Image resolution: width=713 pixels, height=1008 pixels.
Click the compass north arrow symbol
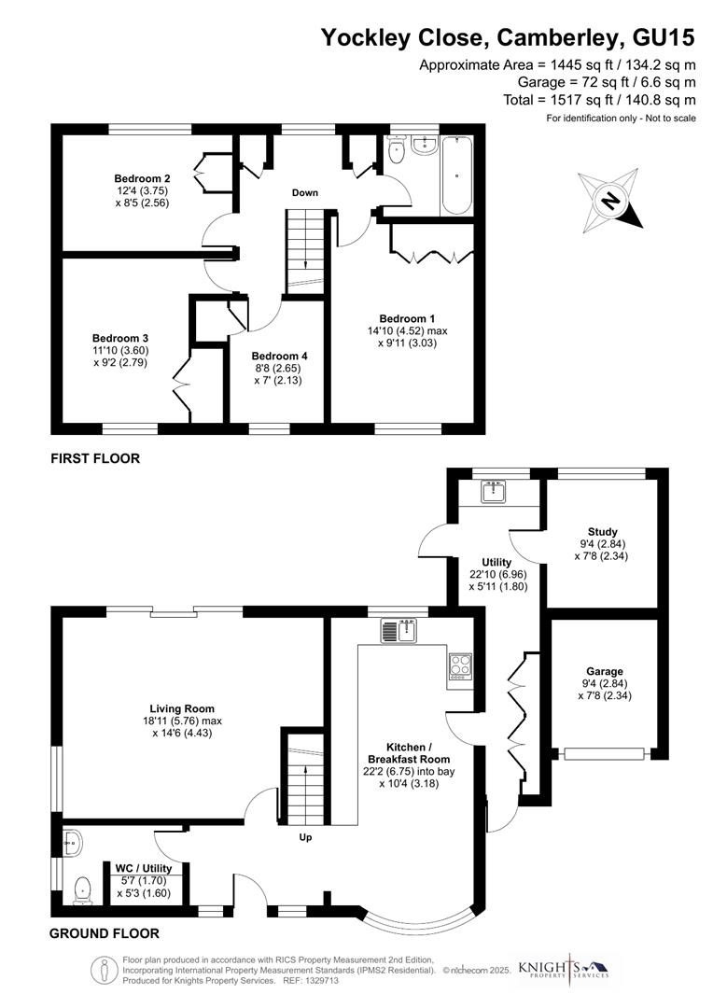click(x=610, y=200)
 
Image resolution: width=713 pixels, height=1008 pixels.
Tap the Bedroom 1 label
click(x=408, y=317)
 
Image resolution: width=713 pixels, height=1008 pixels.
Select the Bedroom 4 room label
click(x=279, y=356)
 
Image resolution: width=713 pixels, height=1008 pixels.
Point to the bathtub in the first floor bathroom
click(x=456, y=175)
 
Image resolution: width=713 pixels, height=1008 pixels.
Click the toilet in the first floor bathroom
click(x=397, y=152)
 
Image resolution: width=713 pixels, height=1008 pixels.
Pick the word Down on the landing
click(x=304, y=193)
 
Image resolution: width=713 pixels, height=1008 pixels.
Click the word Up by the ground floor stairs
click(x=304, y=837)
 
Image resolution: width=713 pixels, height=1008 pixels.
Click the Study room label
click(x=603, y=532)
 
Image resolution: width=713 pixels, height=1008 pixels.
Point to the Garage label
click(x=605, y=671)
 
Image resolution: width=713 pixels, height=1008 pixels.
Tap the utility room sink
click(x=492, y=492)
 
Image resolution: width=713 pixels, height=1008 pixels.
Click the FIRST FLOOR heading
click(x=95, y=458)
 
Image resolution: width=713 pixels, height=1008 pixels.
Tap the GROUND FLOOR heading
click(x=104, y=933)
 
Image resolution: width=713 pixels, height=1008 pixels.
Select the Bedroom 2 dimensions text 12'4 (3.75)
click(x=141, y=190)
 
